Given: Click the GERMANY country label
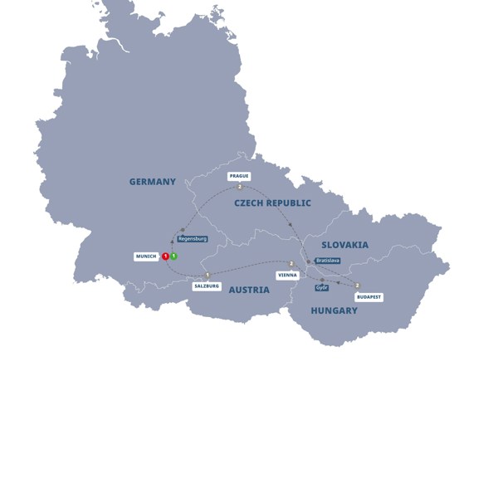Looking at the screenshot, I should tap(152, 182).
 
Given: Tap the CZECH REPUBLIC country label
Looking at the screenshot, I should tap(272, 203).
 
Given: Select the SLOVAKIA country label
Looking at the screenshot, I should tap(344, 245).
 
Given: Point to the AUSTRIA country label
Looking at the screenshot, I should tap(249, 290).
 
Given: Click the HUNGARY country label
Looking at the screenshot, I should tap(334, 310).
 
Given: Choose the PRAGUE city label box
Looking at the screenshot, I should tap(239, 176).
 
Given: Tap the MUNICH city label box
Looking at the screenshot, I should tap(146, 256).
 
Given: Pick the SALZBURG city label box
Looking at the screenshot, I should tap(207, 286).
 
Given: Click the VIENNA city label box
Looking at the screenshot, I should tap(287, 274).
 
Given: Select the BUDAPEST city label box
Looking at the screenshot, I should tap(369, 296).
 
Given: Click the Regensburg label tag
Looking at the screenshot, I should tap(192, 239).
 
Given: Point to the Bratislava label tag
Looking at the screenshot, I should tap(327, 261).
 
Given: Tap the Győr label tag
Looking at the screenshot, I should tap(322, 287).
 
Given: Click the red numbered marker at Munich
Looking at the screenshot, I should tap(165, 256).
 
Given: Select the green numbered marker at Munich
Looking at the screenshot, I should tap(173, 256).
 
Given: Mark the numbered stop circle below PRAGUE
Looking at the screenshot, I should tap(239, 187).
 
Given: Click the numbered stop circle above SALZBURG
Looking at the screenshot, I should tap(207, 275).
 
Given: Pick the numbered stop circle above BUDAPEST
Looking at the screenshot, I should tap(358, 286).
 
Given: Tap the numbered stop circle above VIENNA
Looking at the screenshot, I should tap(291, 263).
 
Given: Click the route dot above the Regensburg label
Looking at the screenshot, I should tap(183, 230).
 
